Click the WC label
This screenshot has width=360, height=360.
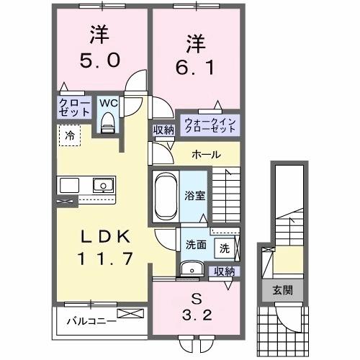(x=108, y=103)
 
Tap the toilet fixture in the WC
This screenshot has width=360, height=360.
(x=109, y=125)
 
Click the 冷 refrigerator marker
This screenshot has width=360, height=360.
(x=70, y=134)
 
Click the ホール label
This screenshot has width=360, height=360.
(x=206, y=155)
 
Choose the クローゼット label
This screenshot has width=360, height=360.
(x=75, y=108)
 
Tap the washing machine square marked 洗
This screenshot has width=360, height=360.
(x=224, y=248)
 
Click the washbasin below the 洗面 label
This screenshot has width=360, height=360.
(x=192, y=269)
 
